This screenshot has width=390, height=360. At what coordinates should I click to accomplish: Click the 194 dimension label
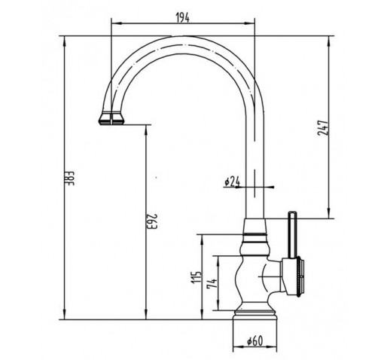coord(182,17)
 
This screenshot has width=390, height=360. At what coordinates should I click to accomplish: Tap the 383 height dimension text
coord(71,178)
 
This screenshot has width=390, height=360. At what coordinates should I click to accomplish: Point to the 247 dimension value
coord(323,128)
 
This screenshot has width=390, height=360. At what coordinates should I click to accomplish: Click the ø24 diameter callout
coord(232,182)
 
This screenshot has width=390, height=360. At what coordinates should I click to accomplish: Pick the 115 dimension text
coord(197,277)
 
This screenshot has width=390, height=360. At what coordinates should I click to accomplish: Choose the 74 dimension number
coord(212,284)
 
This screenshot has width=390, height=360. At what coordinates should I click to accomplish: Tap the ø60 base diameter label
coord(254,341)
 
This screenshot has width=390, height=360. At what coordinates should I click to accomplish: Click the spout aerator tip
coord(111,118)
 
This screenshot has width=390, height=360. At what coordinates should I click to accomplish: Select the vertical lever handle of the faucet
coord(293,235)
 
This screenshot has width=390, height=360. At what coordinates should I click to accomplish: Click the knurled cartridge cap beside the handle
coord(300,276)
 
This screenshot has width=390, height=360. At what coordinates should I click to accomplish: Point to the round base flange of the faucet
coord(255,315)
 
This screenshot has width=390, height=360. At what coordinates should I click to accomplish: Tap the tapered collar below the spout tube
coord(254,226)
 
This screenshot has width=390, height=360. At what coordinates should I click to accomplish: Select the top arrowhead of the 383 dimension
coord(65,41)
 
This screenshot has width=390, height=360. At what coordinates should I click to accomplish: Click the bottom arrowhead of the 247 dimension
coord(328,213)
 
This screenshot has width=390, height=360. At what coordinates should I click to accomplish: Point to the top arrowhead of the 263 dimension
coord(146,130)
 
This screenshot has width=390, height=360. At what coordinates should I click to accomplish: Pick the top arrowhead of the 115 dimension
coord(202,239)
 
